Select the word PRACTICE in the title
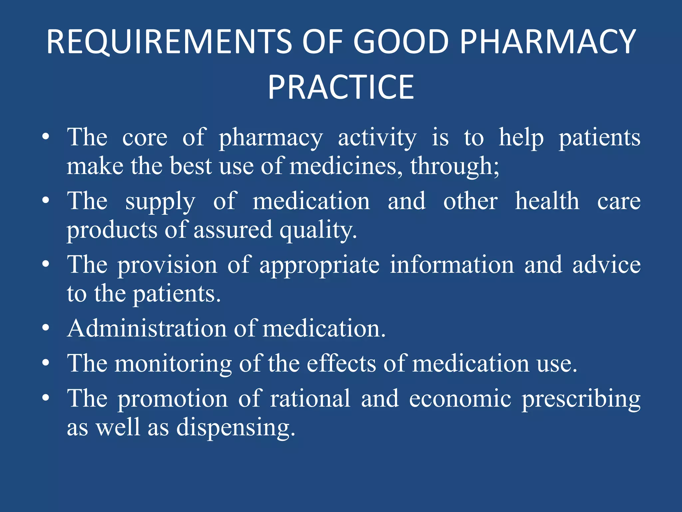(341, 87)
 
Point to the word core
(145, 138)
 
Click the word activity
(377, 138)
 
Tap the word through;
(455, 166)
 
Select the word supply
(160, 202)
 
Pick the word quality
(318, 230)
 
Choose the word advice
(606, 265)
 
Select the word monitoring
(173, 364)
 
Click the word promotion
(172, 399)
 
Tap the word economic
(460, 399)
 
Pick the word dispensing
(235, 428)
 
